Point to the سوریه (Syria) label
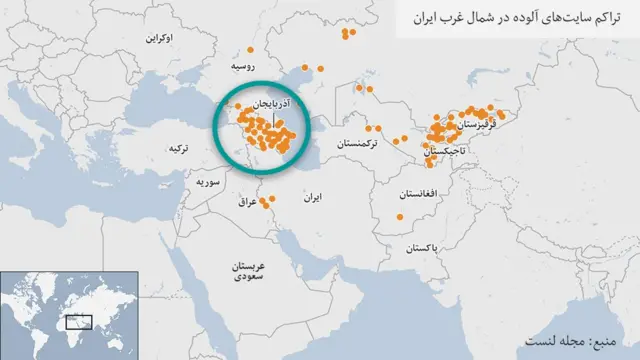pyautogui.click(x=208, y=184)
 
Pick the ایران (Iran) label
pyautogui.click(x=316, y=197)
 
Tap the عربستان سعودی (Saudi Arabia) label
pyautogui.click(x=246, y=272)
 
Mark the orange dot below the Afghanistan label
pyautogui.click(x=402, y=215)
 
